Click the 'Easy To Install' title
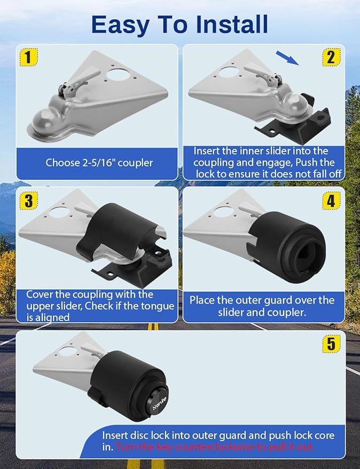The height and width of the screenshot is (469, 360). point(179,24)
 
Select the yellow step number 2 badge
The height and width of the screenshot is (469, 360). point(331,57)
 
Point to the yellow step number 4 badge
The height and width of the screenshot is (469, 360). point(331,200)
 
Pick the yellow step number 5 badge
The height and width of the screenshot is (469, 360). point(331,344)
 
